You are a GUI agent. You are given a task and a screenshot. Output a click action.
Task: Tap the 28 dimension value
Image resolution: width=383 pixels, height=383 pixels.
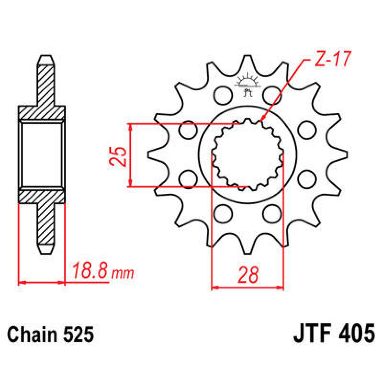(248, 275)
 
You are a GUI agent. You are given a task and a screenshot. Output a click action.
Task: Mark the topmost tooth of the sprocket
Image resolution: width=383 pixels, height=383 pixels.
(247, 62)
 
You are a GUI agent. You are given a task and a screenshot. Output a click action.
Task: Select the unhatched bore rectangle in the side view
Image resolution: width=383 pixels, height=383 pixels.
(42, 155)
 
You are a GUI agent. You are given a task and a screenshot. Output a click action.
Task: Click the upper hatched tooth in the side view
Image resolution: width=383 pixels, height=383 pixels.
(46, 83)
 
